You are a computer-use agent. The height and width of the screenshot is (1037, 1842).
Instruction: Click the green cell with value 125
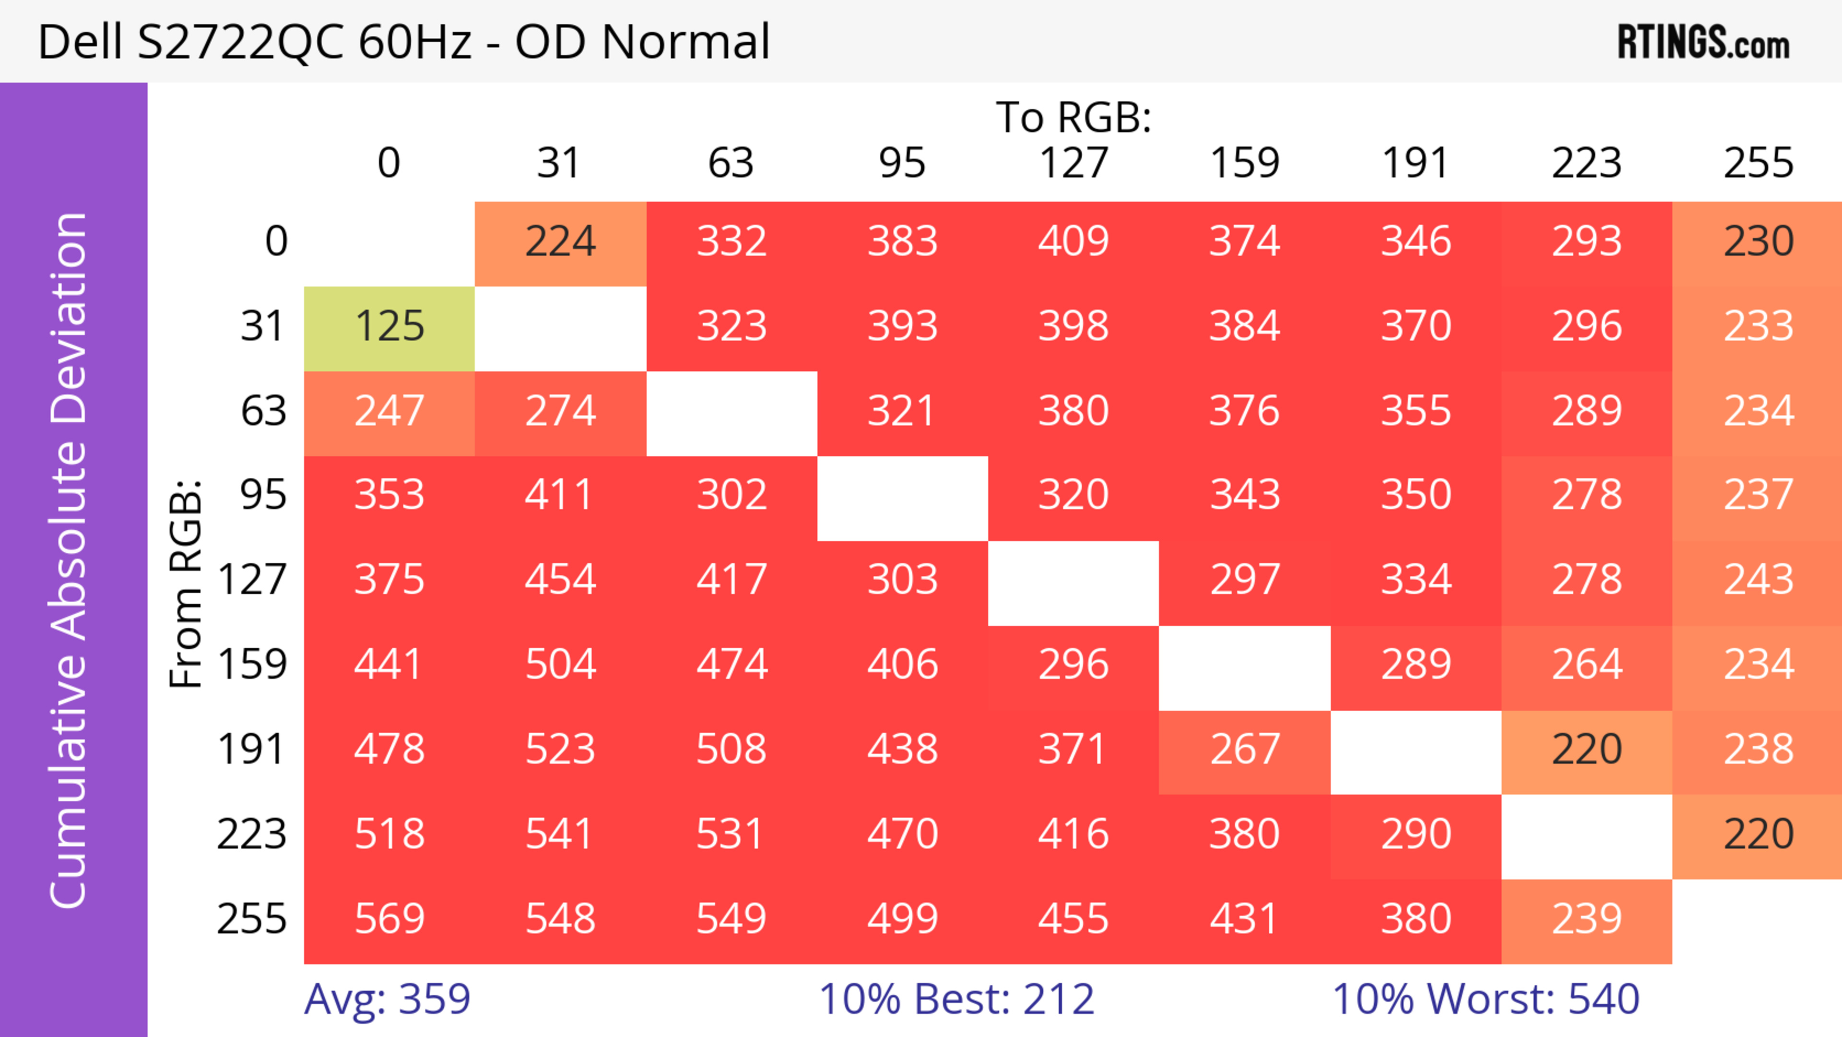(x=389, y=327)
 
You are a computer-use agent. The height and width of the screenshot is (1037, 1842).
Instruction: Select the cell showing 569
(x=389, y=919)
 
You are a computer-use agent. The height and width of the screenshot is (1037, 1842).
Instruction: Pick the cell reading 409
(x=1074, y=242)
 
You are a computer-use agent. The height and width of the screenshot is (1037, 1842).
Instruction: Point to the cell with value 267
(x=1244, y=750)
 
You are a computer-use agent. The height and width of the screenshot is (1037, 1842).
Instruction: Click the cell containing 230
(x=1758, y=242)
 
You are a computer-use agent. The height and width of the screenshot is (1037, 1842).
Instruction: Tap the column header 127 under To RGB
(x=1074, y=163)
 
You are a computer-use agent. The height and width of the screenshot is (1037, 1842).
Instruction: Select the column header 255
(x=1758, y=163)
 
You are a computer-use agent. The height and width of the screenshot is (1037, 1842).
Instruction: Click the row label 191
(x=252, y=750)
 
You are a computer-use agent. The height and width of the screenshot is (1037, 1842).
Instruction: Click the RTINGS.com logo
(x=1703, y=42)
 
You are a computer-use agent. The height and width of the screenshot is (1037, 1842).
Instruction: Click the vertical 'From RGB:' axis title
(x=186, y=584)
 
